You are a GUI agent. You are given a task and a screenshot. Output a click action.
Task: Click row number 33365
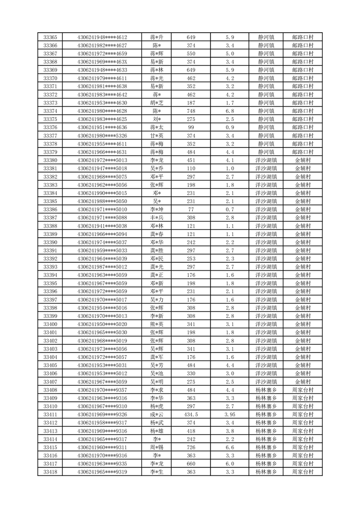point(50,37)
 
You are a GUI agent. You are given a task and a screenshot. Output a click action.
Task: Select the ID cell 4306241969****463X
point(102,62)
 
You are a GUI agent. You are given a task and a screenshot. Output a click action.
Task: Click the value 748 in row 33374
point(191,111)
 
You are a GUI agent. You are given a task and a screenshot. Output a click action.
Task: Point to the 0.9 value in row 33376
point(230,127)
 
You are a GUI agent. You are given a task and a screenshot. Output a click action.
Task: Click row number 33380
point(50,160)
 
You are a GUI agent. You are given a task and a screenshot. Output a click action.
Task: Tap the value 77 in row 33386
point(191,210)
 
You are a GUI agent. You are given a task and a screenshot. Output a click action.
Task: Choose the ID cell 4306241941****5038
point(102,226)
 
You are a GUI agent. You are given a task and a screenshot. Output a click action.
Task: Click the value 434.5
point(191,415)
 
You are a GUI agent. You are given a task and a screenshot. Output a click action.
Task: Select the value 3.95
point(230,415)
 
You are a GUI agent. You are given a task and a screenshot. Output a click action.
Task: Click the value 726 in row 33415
point(191,447)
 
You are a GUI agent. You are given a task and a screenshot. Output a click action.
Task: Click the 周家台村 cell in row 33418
point(303,472)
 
